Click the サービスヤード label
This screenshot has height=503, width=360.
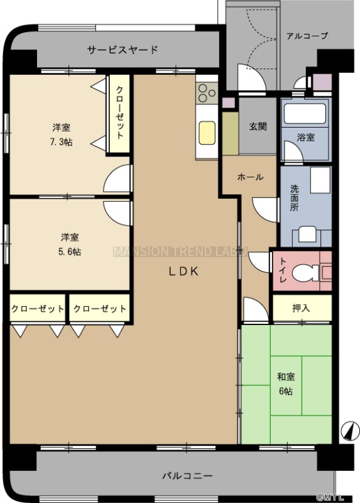click(123, 50)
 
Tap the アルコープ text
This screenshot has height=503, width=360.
click(307, 36)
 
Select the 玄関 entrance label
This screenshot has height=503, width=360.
click(258, 126)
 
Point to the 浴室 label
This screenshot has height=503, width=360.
click(305, 137)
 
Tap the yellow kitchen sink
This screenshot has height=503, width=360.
click(207, 133)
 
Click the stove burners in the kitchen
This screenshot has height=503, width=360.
click(207, 93)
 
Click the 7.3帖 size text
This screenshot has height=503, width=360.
click(61, 142)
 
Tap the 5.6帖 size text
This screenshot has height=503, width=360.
click(70, 251)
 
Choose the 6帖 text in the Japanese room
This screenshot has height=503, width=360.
click(285, 391)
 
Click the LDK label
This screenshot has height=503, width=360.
click(183, 272)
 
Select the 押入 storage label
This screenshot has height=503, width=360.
click(301, 308)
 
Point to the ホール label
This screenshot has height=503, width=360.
click(250, 177)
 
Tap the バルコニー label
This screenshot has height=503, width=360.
click(187, 475)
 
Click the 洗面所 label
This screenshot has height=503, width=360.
click(294, 197)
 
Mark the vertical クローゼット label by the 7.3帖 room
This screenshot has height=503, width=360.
click(119, 113)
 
